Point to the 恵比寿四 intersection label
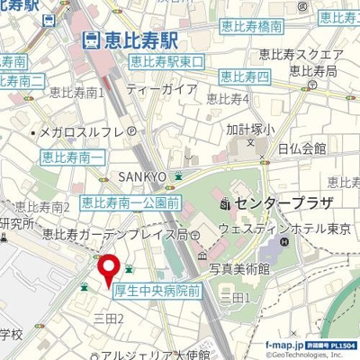coord(244,76)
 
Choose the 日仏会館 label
coord(301,148)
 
